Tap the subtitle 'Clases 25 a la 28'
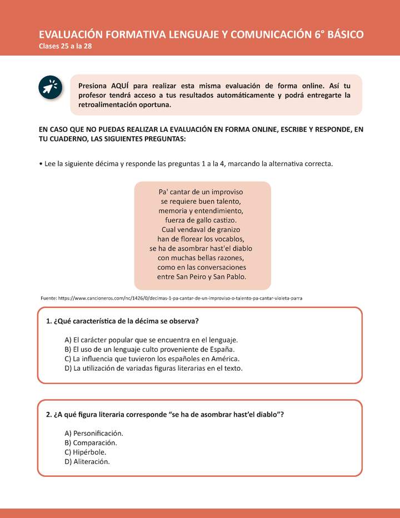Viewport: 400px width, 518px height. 66,46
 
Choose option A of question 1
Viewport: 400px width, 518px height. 151,340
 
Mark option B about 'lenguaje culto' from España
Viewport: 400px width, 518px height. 149,349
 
